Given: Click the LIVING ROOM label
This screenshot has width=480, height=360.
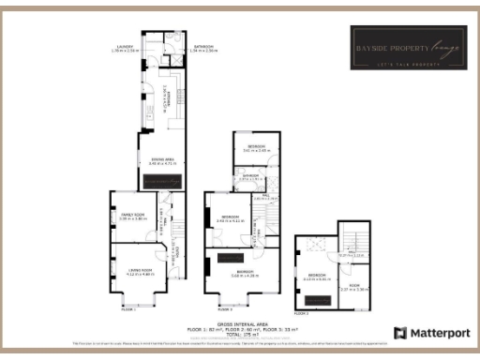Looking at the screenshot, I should point(140,272).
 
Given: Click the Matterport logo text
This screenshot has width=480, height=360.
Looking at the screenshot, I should point(424,333).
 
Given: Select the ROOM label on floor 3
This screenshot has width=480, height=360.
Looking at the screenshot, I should point(353,286).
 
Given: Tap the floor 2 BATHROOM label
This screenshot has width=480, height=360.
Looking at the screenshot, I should point(249,176).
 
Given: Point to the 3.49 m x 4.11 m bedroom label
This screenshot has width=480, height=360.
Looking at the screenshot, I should point(228,219).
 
